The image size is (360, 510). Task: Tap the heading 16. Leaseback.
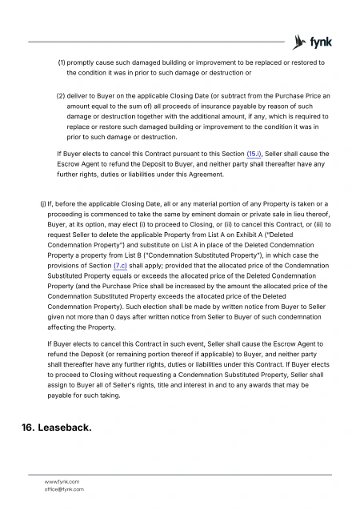click(x=54, y=429)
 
